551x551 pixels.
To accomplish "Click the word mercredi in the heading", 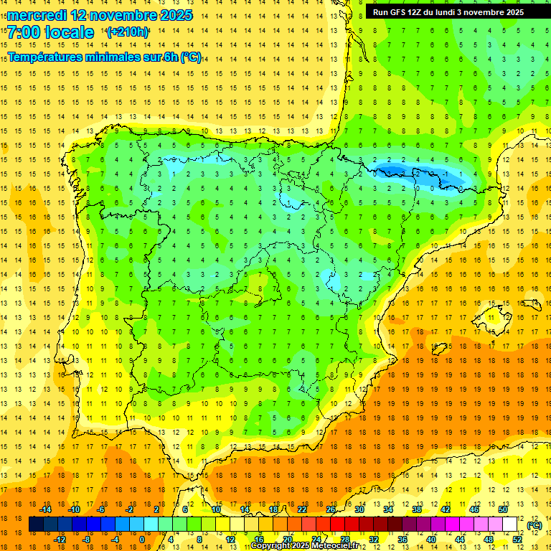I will (x=37, y=15).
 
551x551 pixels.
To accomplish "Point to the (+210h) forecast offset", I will (x=128, y=32).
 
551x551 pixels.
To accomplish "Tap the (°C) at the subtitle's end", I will (x=191, y=57).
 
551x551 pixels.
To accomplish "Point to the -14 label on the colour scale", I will (x=45, y=509).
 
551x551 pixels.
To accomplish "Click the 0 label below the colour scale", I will (x=141, y=540).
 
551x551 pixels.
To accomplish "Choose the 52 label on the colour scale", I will (x=517, y=540).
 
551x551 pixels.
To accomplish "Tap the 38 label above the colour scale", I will (x=416, y=509).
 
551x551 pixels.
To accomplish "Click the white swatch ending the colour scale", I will (x=510, y=524).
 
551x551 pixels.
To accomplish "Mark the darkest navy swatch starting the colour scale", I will (x=36, y=524).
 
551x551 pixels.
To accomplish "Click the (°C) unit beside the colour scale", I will (x=534, y=525).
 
